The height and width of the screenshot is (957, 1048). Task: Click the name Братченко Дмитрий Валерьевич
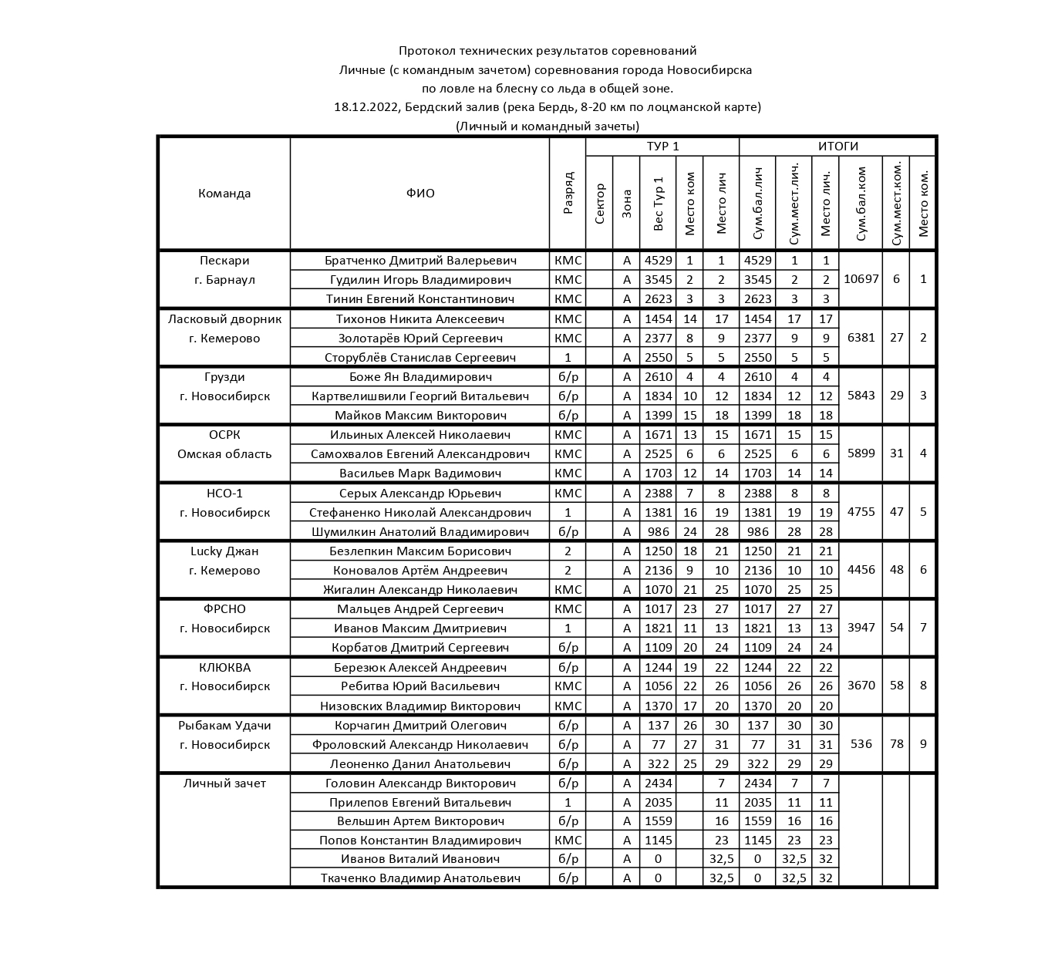click(420, 261)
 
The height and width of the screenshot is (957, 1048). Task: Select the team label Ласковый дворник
click(224, 319)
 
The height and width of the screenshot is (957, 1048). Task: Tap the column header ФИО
click(420, 194)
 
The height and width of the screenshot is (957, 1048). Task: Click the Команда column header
click(224, 194)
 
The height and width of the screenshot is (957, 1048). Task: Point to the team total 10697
click(861, 279)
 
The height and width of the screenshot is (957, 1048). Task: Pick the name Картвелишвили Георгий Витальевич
click(420, 396)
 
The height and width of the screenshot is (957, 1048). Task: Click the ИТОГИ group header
click(837, 147)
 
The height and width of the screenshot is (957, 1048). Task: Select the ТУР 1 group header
click(662, 147)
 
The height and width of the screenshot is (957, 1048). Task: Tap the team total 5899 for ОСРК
click(861, 453)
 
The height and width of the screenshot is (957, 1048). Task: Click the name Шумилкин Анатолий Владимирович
click(420, 532)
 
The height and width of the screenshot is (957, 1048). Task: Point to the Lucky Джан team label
click(224, 551)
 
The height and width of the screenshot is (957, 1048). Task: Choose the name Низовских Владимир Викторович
click(420, 706)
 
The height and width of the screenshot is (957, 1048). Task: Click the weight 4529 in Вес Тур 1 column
click(658, 261)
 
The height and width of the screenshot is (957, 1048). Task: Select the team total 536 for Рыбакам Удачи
click(861, 744)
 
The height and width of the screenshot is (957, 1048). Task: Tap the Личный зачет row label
click(224, 783)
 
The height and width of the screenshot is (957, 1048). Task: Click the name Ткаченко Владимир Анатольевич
click(420, 878)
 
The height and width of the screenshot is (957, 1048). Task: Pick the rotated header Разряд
click(568, 194)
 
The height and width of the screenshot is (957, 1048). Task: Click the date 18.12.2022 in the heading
click(366, 107)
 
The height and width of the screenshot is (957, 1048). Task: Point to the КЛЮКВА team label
click(224, 668)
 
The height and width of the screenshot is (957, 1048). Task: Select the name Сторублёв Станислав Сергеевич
click(420, 358)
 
